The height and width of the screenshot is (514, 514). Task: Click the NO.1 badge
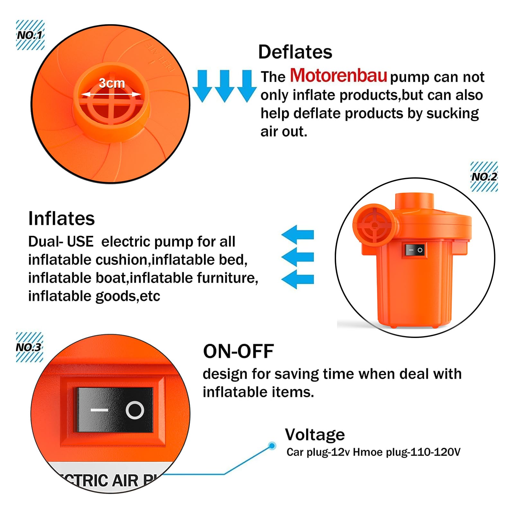point(30,35)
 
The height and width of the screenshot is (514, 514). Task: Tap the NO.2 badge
point(484,176)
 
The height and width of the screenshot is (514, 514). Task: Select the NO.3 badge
point(29,347)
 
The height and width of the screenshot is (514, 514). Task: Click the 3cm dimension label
point(111,84)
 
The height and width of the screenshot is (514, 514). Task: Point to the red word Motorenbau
point(338,76)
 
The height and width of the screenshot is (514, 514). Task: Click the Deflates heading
point(295,52)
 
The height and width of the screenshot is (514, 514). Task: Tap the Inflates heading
point(61,218)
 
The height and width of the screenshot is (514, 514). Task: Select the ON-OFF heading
point(238,351)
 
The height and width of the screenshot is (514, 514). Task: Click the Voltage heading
point(315,435)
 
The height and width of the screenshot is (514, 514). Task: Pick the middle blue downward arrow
point(224,85)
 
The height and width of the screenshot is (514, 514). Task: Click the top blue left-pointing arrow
point(298,234)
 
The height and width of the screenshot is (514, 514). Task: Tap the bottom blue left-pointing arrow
point(298,279)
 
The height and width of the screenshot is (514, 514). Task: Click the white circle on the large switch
point(135,410)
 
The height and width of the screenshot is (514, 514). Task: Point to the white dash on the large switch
point(99,410)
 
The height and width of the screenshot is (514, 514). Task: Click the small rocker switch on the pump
point(415,250)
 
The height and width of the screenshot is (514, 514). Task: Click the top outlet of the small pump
point(414,200)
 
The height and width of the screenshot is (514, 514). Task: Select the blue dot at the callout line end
point(272,446)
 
